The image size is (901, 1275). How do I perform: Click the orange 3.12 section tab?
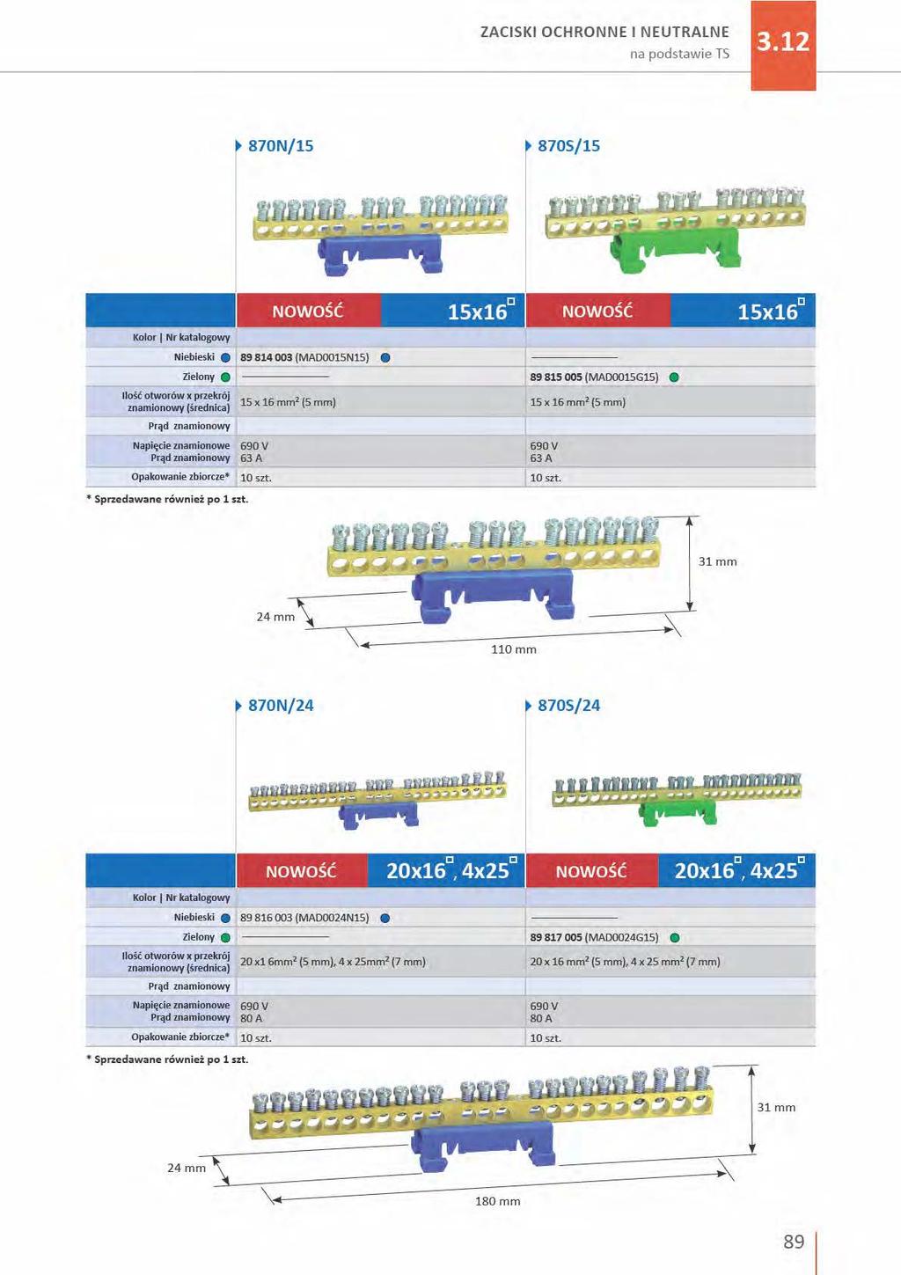783,46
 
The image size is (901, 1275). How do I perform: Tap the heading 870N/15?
281,146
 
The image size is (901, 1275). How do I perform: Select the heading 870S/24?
568,706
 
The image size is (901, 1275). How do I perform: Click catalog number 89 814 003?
266,357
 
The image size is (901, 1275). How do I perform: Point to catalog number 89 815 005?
555,377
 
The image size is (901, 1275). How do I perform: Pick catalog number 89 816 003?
266,918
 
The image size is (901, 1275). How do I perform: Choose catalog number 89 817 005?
555,937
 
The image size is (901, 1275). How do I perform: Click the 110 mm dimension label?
513,649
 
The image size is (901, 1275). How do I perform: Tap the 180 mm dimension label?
497,1201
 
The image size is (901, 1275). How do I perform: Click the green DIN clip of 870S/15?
675,251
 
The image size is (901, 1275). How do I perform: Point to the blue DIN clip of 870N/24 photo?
378,817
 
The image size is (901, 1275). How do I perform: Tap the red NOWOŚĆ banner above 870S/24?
591,871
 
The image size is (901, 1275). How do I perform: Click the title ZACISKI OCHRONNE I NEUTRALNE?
604,32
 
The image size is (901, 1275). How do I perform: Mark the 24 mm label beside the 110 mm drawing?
275,617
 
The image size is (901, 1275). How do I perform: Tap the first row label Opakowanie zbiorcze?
180,477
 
